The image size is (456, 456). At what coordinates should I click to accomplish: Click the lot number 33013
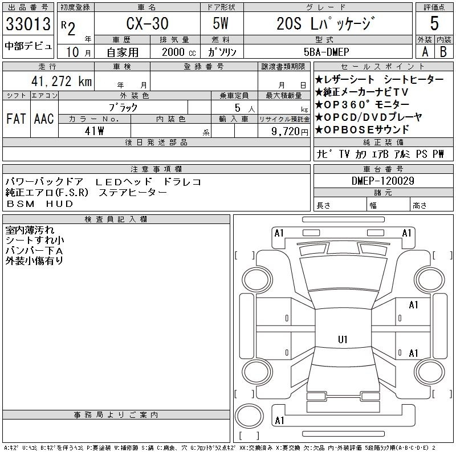click(x=28, y=24)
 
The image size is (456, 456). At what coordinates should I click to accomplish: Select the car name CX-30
click(x=148, y=23)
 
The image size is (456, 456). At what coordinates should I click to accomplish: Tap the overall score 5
click(x=434, y=23)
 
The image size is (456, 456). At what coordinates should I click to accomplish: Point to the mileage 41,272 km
click(x=62, y=81)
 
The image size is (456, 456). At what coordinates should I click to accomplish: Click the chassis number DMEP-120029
click(x=383, y=181)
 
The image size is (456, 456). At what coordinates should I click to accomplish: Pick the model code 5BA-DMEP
click(x=326, y=52)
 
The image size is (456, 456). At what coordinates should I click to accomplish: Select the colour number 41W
click(x=94, y=131)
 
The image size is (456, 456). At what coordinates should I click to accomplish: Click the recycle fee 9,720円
click(x=290, y=132)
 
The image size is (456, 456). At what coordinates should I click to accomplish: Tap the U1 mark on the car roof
click(x=343, y=339)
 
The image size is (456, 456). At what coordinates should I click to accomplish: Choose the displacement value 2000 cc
click(x=179, y=52)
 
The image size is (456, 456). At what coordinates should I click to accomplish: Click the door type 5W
click(x=221, y=23)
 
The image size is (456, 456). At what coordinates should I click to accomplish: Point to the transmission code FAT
click(x=16, y=119)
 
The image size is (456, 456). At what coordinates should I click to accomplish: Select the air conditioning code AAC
click(x=44, y=119)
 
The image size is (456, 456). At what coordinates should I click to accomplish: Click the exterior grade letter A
click(x=425, y=52)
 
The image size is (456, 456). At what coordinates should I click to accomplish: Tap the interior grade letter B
click(x=443, y=52)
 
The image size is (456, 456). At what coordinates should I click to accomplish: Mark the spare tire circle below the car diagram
click(x=249, y=416)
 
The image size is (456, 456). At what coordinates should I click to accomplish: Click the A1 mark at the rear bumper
click(x=279, y=421)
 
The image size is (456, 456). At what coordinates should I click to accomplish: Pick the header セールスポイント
click(x=383, y=67)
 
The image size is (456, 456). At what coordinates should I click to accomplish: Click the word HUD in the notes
click(x=59, y=204)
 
